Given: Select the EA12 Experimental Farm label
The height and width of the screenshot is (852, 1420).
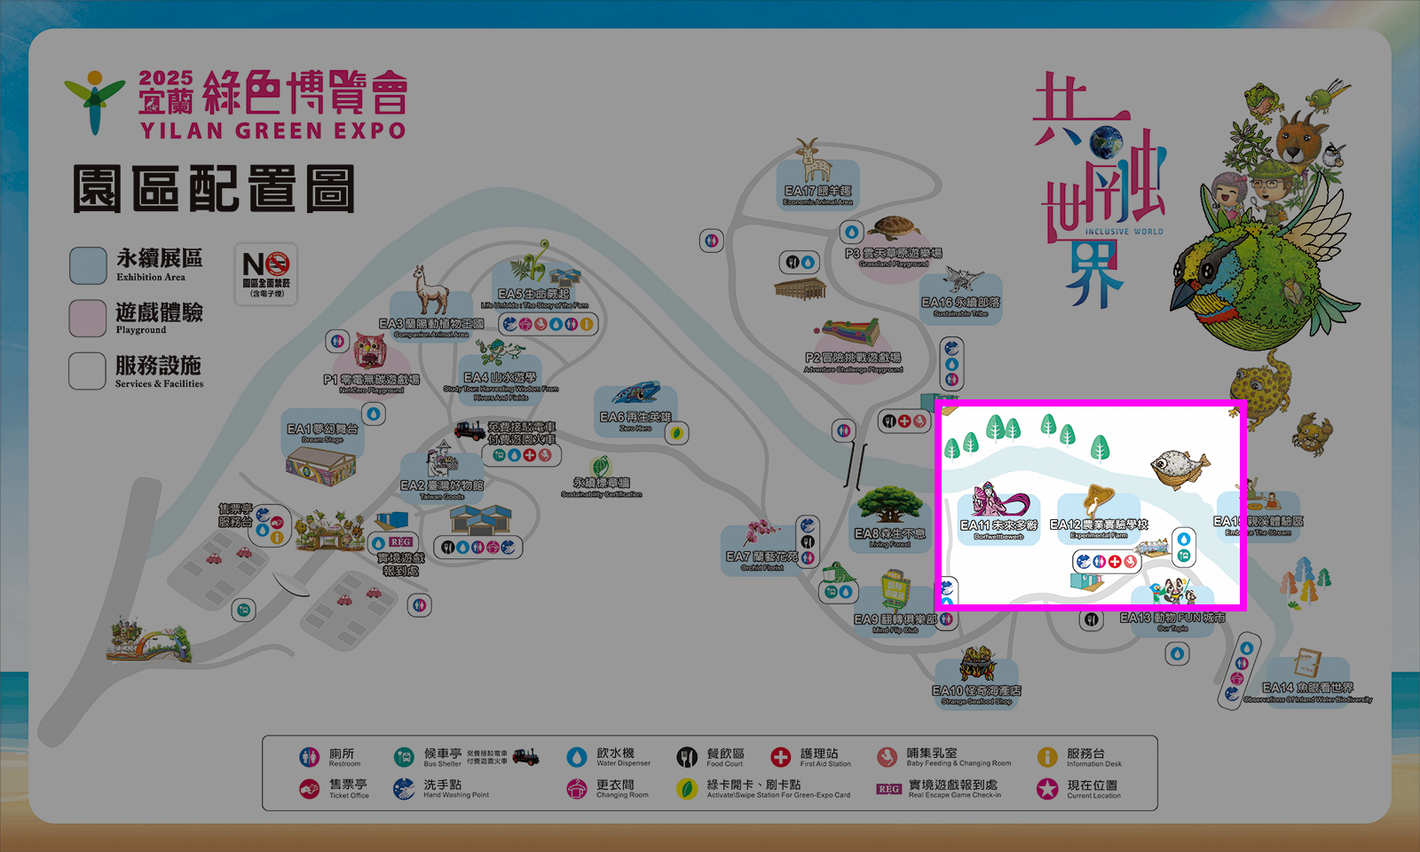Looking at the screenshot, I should click(1099, 528).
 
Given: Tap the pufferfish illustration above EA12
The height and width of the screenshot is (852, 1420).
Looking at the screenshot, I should click(1179, 467).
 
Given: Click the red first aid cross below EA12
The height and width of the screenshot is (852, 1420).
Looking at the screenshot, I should click(1115, 561).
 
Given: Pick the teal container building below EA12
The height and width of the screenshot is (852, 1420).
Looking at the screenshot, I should click(1086, 582).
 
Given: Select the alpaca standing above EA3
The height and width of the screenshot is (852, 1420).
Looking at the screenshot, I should click(431, 290).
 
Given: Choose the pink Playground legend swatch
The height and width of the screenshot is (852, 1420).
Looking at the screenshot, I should click(88, 319).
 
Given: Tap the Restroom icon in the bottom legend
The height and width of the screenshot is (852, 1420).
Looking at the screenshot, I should click(309, 757).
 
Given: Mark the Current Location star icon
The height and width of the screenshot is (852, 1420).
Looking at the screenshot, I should click(1047, 788).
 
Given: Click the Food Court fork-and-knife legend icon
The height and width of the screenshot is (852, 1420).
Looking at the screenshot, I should click(687, 757).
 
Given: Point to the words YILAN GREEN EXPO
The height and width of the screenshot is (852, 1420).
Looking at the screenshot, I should click(272, 131).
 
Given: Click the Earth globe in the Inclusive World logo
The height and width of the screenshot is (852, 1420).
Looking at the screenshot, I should click(1106, 141).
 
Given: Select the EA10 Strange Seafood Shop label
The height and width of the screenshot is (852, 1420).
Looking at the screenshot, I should click(976, 694).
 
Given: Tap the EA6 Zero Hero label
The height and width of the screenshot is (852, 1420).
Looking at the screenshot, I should click(635, 421).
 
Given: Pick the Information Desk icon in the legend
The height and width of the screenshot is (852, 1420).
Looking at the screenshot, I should click(1047, 757).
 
